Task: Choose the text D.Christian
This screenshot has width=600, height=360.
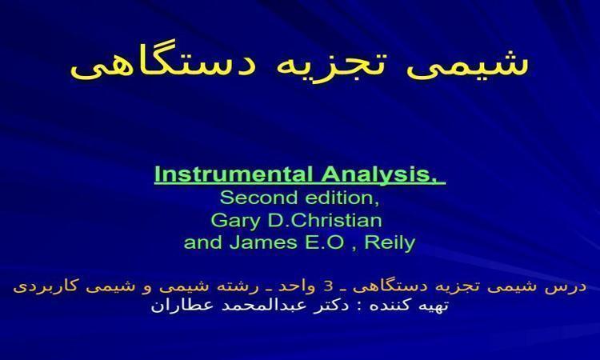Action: (325, 220)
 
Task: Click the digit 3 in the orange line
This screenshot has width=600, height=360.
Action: (328, 286)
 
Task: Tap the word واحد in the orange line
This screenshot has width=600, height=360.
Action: (297, 286)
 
